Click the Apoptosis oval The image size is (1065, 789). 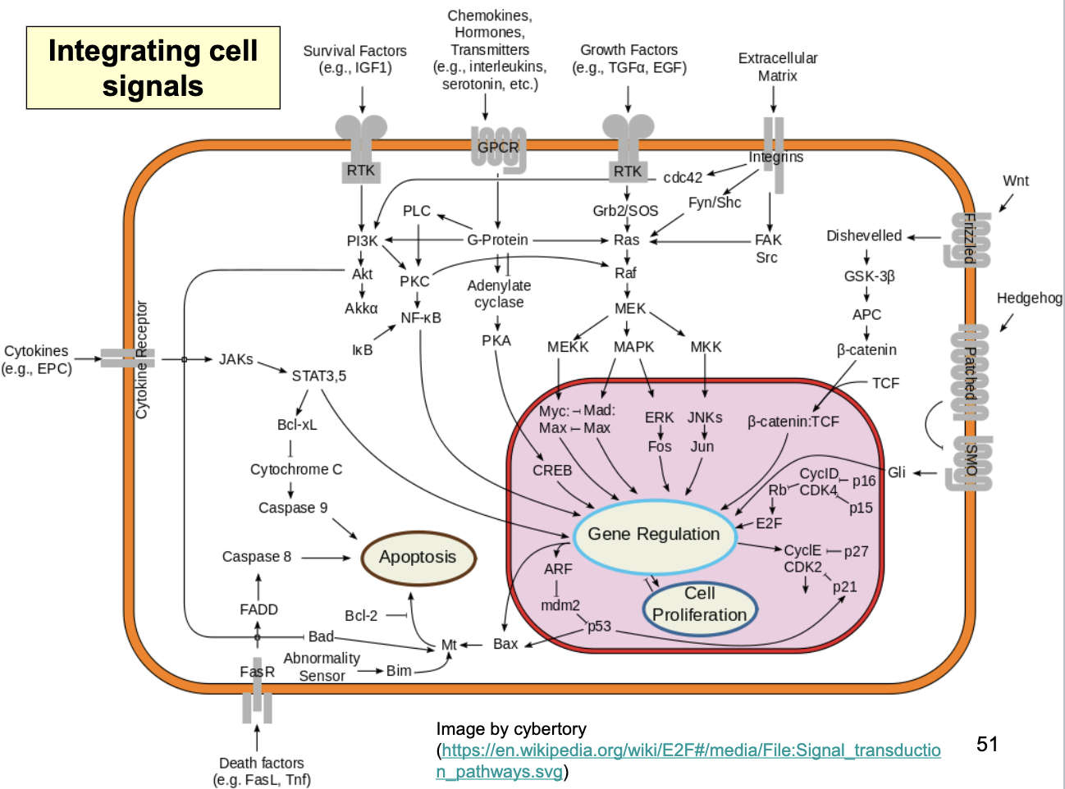[418, 558]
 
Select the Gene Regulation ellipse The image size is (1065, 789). [653, 535]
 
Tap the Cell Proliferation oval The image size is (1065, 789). [699, 605]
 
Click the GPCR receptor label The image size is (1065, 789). [498, 148]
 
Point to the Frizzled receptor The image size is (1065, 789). [968, 239]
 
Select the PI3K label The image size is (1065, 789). [362, 241]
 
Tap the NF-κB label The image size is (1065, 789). [421, 318]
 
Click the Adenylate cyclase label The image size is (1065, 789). [499, 294]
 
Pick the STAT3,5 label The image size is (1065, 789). [319, 376]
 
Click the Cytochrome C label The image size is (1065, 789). [296, 469]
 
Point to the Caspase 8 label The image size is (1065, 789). [257, 557]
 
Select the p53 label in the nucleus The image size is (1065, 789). [599, 626]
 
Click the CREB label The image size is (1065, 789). [552, 471]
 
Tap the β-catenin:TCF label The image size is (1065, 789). [793, 422]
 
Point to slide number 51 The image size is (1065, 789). [987, 745]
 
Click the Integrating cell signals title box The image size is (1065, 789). [153, 68]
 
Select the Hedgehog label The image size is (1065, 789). [1029, 299]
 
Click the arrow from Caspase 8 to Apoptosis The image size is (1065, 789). [326, 558]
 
